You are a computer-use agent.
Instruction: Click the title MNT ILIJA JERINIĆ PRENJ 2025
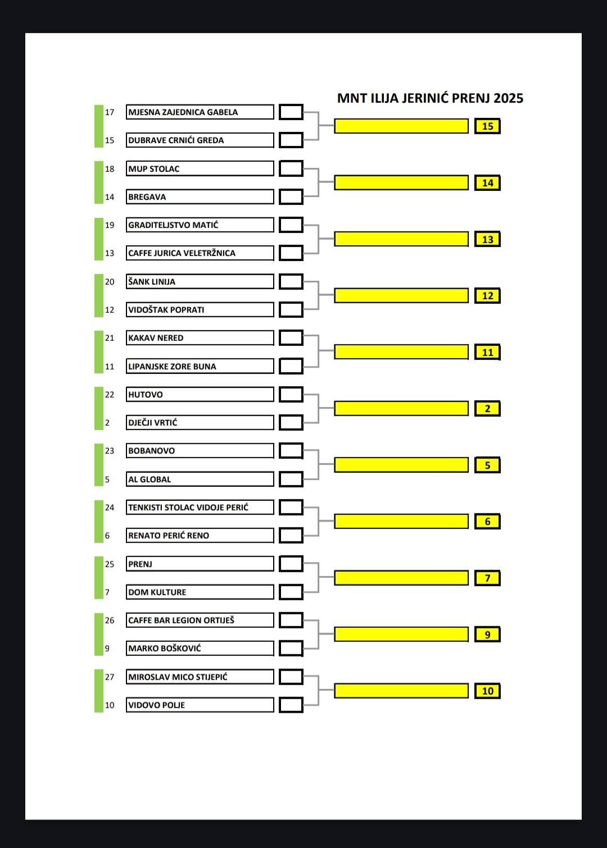click(430, 98)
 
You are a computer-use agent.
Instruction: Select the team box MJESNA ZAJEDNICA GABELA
click(200, 112)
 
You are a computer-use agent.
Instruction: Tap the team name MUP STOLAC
click(200, 168)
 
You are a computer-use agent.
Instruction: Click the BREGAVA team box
click(200, 197)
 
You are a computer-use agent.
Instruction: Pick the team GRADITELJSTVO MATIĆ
click(200, 225)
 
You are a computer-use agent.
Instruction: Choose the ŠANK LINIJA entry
click(200, 281)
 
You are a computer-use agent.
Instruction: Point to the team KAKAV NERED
click(200, 338)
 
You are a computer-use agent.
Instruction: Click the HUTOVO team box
click(200, 394)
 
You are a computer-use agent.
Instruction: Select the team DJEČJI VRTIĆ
click(200, 422)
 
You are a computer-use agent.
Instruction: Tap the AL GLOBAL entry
click(200, 479)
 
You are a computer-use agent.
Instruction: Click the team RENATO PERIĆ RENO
click(200, 535)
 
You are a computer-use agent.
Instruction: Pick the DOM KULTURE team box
click(200, 592)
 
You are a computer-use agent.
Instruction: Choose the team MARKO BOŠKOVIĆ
click(200, 648)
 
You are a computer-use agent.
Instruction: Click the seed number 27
click(110, 677)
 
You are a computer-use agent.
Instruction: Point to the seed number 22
click(110, 394)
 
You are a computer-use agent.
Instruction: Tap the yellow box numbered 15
click(487, 126)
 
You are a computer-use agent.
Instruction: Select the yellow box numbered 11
click(487, 352)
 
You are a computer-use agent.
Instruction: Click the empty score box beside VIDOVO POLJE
click(291, 705)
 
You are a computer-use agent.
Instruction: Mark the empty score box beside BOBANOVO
click(291, 450)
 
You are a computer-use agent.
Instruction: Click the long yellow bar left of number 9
click(401, 634)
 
